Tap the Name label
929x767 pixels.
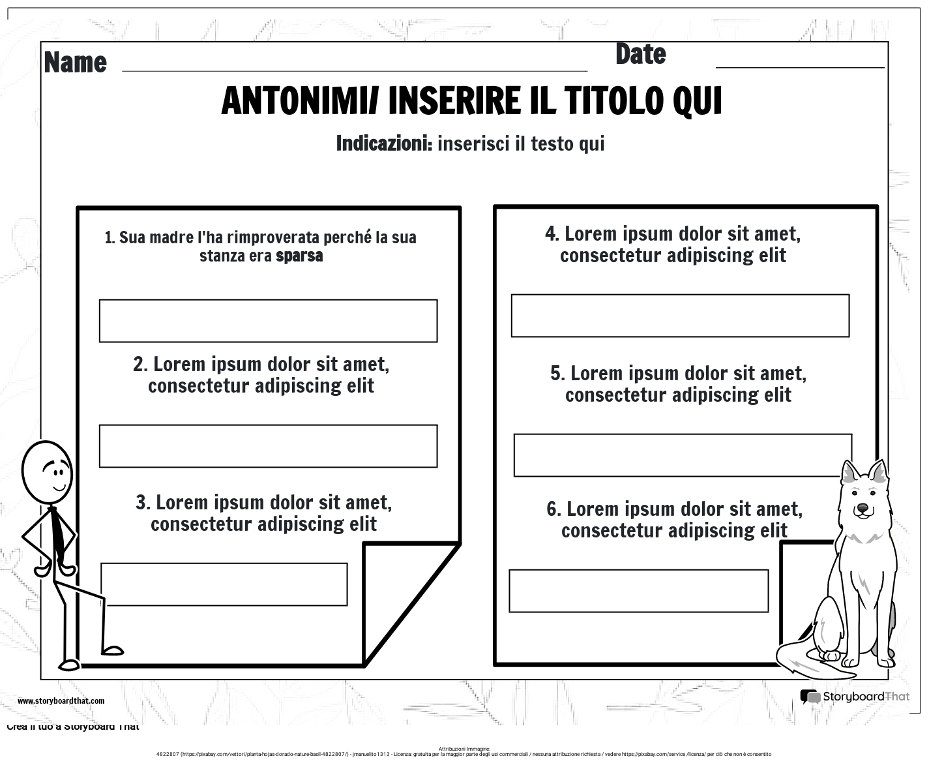(x=75, y=63)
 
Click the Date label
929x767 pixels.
(x=640, y=55)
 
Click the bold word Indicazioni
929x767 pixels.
(x=383, y=143)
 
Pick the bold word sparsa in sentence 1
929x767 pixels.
(x=299, y=256)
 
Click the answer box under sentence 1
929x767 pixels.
(x=268, y=321)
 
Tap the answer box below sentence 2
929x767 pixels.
(x=268, y=446)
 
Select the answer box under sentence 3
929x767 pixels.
(x=224, y=584)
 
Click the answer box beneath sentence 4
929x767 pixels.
(x=680, y=316)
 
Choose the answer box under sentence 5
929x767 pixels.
(x=683, y=455)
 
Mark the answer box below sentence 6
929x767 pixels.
(x=638, y=591)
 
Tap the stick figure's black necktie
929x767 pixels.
(x=59, y=535)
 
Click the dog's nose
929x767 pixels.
(x=863, y=507)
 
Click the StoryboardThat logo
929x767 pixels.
(x=854, y=697)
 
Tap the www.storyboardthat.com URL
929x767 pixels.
(x=61, y=701)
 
